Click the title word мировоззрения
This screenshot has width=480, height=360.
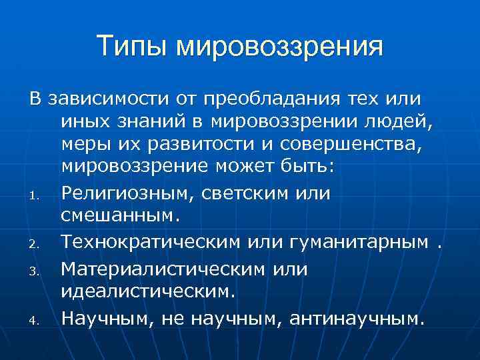pyautogui.click(x=280, y=47)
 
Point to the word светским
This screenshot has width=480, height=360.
pyautogui.click(x=251, y=192)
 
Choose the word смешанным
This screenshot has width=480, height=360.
pyautogui.click(x=119, y=215)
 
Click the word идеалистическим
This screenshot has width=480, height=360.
pyautogui.click(x=148, y=291)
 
